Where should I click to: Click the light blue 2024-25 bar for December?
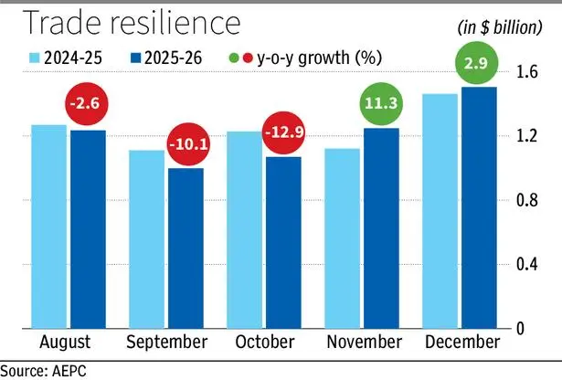[439, 211]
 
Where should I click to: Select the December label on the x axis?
[463, 342]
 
